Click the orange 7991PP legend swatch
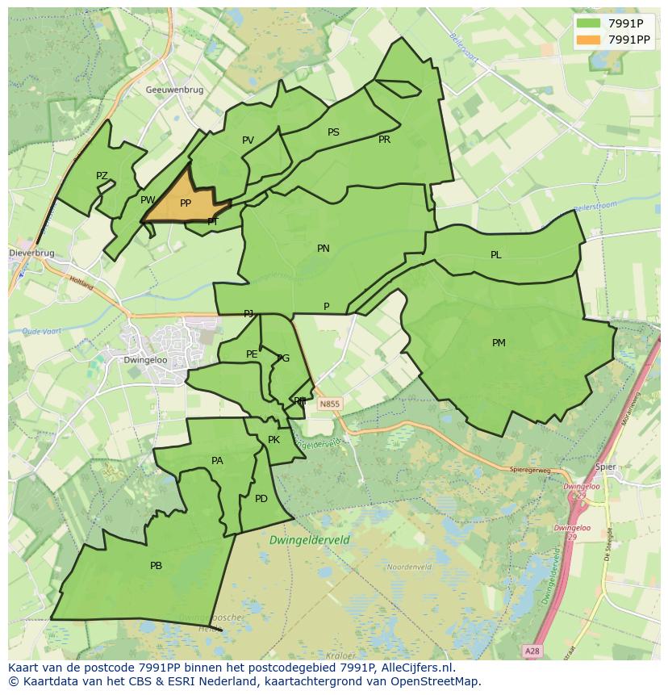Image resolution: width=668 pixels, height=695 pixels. click(589, 40)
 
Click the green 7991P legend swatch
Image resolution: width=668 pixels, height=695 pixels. click(589, 23)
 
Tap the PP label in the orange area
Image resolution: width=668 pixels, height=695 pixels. click(186, 203)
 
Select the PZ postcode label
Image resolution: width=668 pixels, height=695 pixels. click(102, 176)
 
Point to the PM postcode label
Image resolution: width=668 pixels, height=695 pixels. click(499, 343)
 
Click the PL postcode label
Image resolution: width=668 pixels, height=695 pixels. click(495, 255)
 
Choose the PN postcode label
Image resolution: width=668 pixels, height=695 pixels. click(323, 249)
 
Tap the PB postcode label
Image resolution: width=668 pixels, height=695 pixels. click(156, 566)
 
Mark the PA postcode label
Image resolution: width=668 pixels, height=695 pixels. click(217, 461)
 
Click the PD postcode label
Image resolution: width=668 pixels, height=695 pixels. click(261, 499)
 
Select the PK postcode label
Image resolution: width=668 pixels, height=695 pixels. click(273, 440)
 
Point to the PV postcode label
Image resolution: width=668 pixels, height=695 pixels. click(248, 140)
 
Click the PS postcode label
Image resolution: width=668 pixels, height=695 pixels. click(333, 132)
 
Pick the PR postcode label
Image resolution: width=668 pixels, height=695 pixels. click(384, 140)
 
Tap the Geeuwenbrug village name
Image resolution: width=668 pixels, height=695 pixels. click(175, 90)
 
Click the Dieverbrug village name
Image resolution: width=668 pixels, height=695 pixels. click(32, 253)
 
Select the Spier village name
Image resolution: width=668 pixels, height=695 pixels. click(605, 467)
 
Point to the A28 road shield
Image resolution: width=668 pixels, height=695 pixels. click(531, 651)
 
